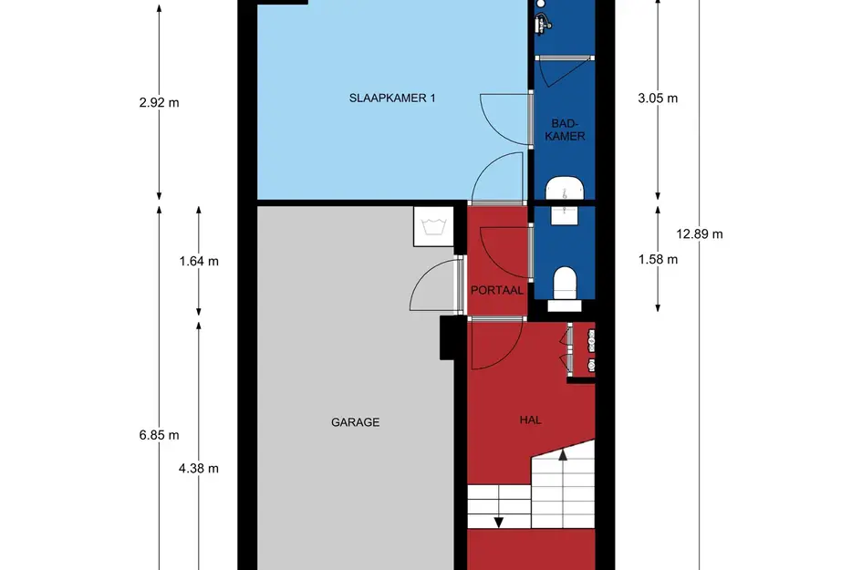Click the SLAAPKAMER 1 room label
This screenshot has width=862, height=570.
392,98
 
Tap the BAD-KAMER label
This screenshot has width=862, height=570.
568,130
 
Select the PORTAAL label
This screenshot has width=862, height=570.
497,290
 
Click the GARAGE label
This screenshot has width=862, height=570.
355,422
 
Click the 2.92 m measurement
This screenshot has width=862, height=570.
160,102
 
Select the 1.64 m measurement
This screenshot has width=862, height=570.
200,261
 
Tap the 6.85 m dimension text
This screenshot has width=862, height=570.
160,434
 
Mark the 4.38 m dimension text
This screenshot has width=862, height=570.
200,469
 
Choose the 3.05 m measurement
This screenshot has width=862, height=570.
659,98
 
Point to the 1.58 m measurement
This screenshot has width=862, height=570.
659,259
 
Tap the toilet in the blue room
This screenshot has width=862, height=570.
566,281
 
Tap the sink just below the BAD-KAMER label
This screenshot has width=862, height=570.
565,190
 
